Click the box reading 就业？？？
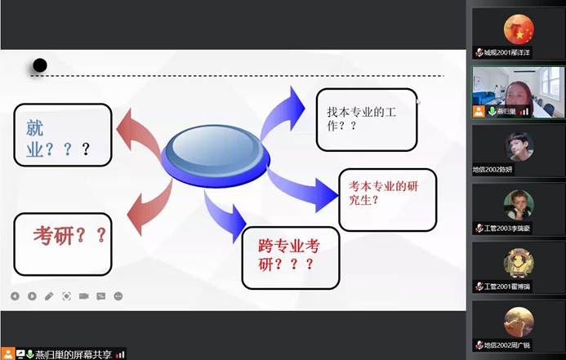(x=61, y=136)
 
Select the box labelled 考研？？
(x=62, y=243)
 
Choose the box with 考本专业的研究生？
(x=386, y=199)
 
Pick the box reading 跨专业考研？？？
(x=290, y=257)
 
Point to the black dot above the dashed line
(x=39, y=65)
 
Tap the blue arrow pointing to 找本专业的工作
(x=281, y=109)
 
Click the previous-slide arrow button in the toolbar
(x=15, y=296)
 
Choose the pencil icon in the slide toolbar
(x=49, y=296)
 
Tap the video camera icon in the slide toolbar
(x=83, y=296)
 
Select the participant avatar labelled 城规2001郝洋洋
(x=518, y=31)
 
